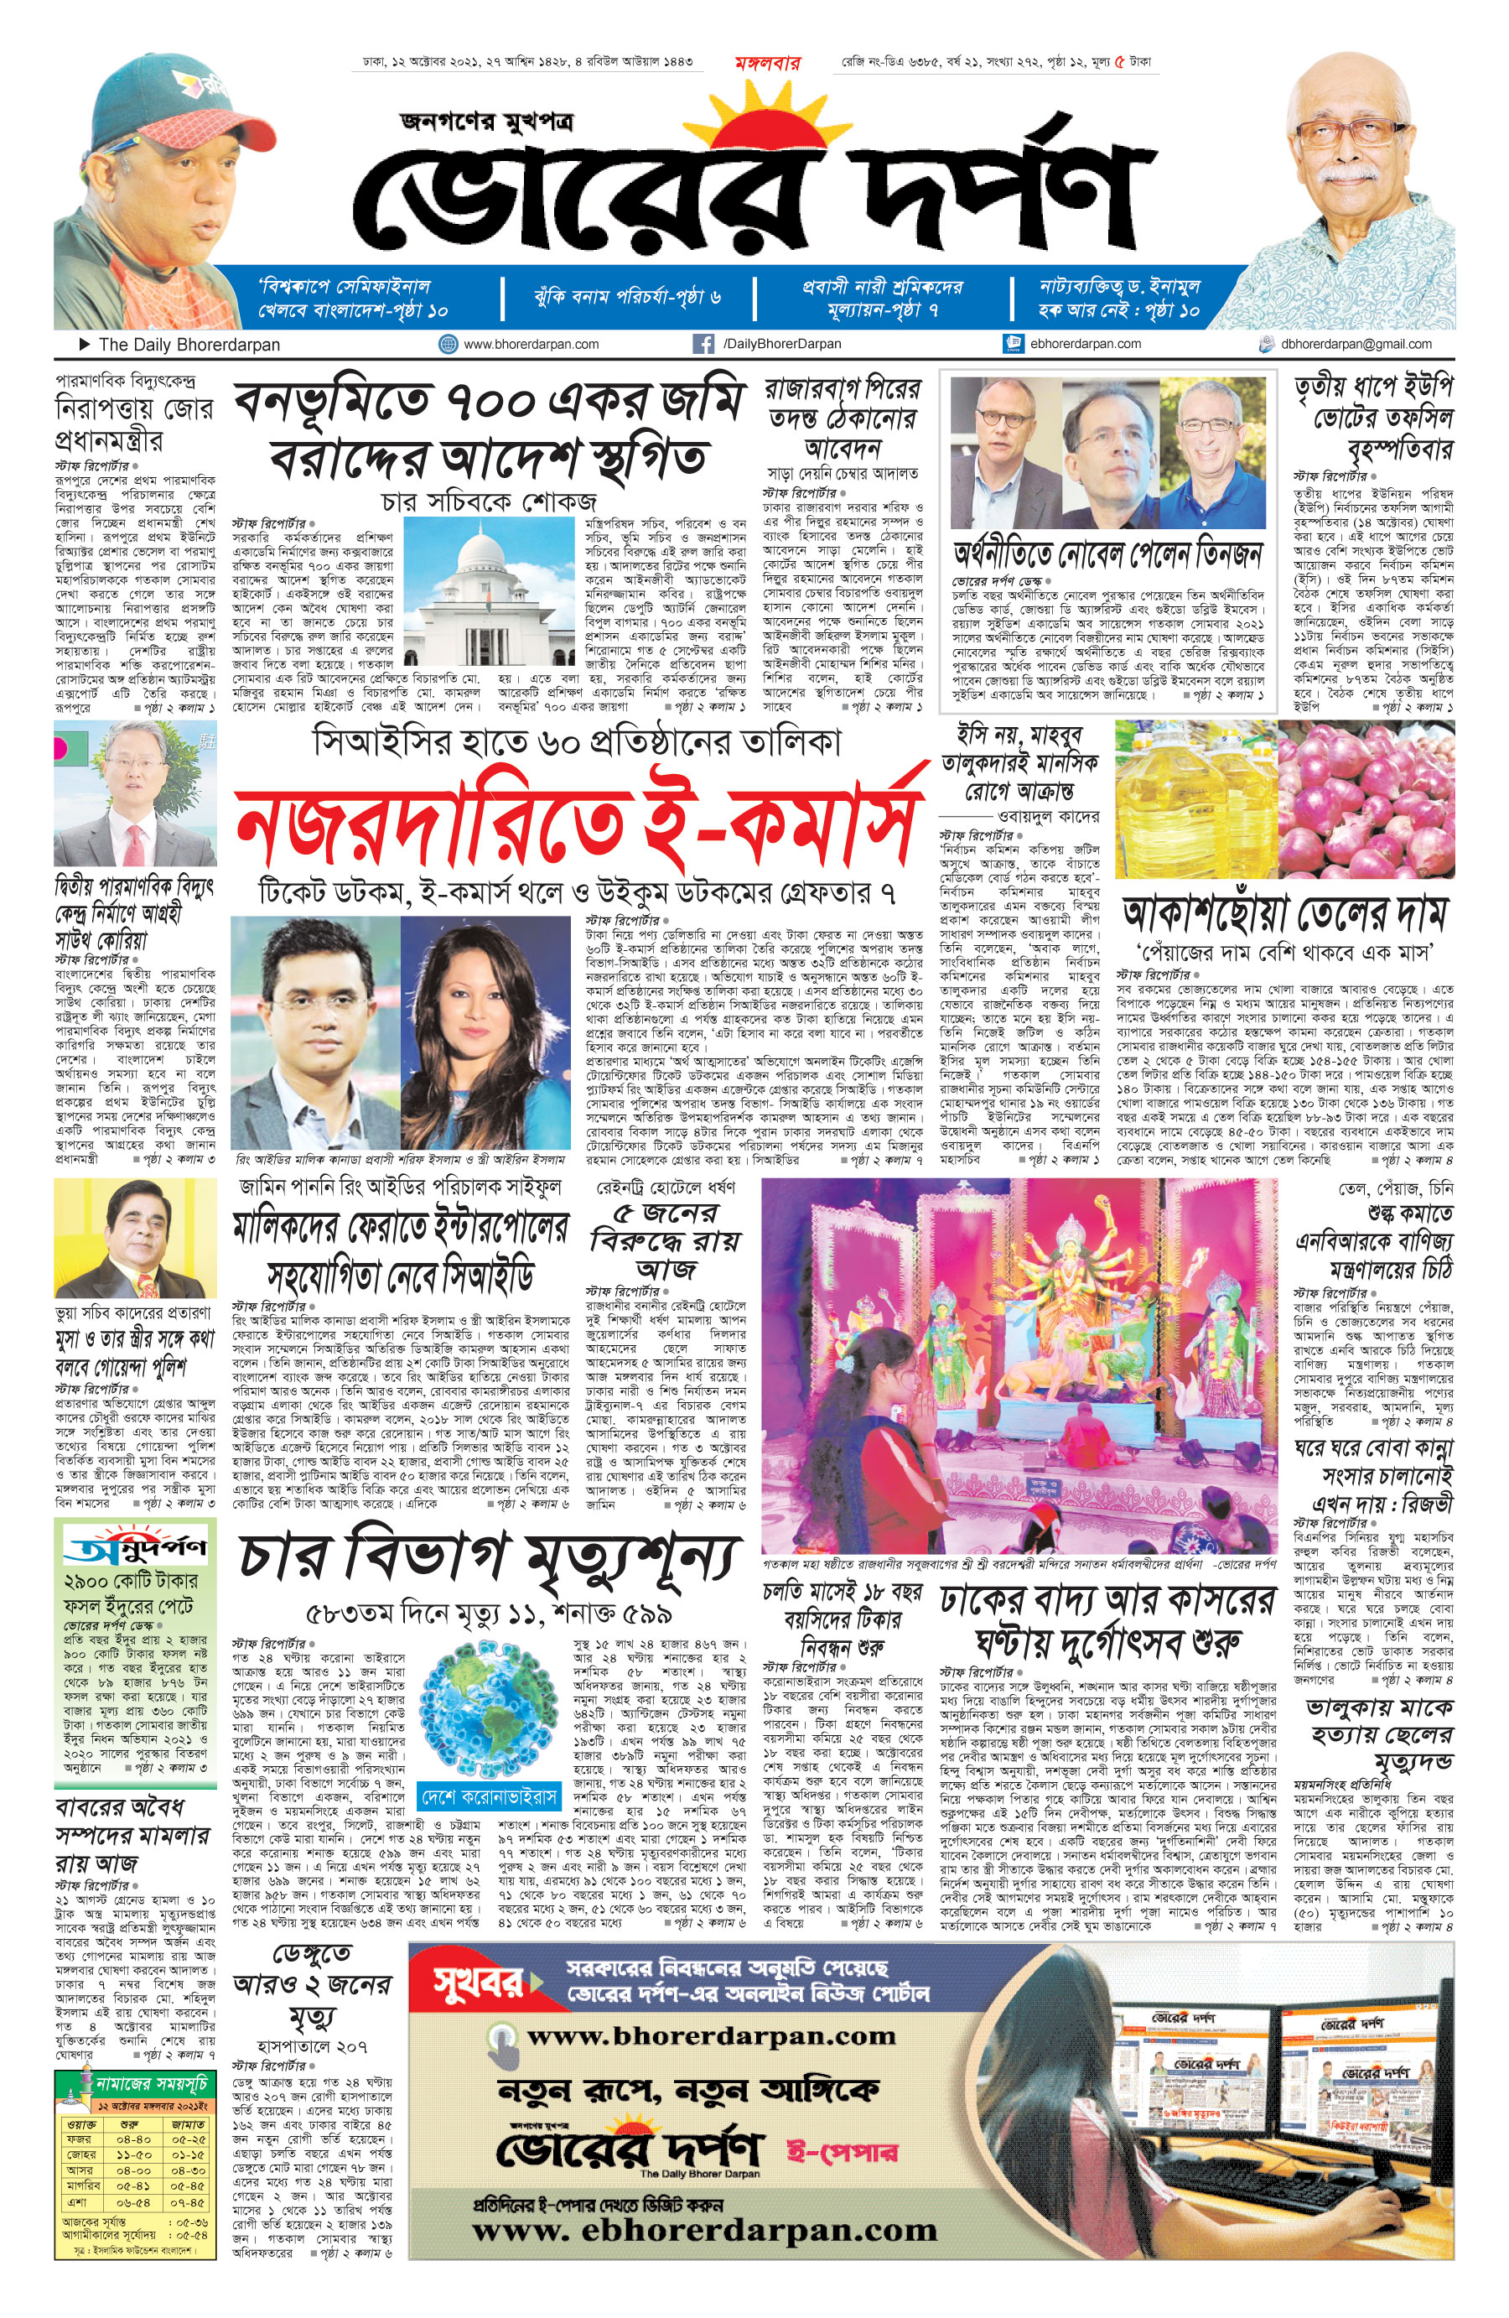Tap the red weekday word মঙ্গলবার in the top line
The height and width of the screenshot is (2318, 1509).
coord(767,63)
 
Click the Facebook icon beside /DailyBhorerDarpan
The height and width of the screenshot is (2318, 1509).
coord(702,344)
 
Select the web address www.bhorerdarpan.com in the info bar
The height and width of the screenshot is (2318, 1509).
coord(531,344)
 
